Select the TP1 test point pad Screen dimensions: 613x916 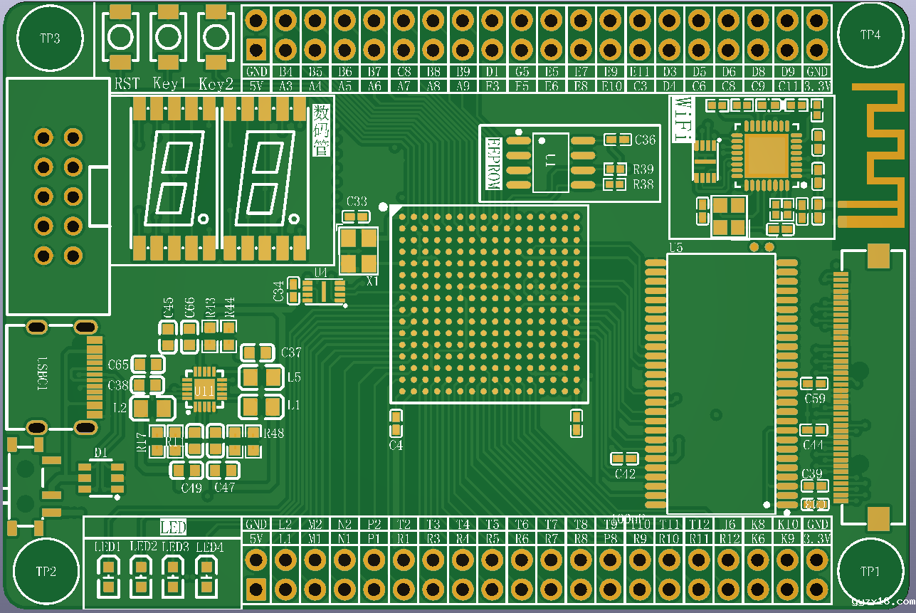click(x=869, y=571)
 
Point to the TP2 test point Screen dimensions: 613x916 click(x=46, y=571)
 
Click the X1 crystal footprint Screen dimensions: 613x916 click(x=359, y=251)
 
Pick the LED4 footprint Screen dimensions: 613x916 click(x=207, y=575)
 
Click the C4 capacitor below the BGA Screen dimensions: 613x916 click(x=396, y=423)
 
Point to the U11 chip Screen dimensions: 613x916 click(x=204, y=389)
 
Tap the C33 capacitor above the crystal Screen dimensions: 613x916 click(x=356, y=216)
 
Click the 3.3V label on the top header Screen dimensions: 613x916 click(x=816, y=86)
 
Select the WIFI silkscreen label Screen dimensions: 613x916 click(x=683, y=118)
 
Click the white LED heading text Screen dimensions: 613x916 click(x=173, y=528)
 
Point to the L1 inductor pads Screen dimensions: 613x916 click(x=261, y=406)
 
